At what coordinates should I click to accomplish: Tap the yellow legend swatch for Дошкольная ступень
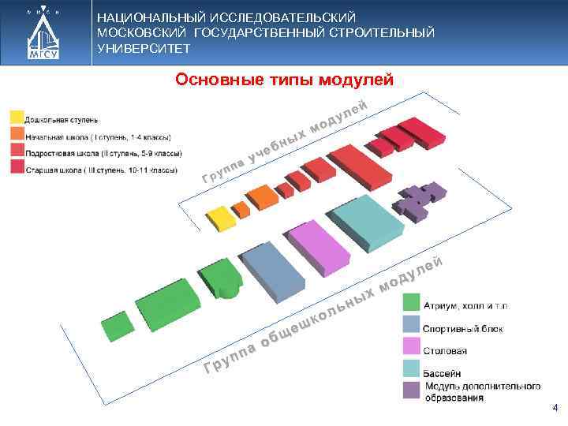click(16, 118)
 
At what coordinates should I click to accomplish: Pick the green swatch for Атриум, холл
click(411, 303)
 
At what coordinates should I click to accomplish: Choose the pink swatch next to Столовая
click(411, 346)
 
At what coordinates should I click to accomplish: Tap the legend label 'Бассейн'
click(443, 372)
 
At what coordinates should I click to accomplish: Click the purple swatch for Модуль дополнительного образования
click(411, 390)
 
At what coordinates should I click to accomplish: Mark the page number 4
click(555, 408)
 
